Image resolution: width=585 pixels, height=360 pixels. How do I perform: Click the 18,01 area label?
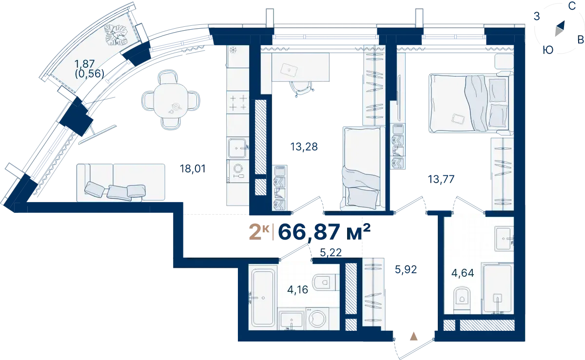pyautogui.click(x=193, y=169)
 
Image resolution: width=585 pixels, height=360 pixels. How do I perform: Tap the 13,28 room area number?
pyautogui.click(x=304, y=147)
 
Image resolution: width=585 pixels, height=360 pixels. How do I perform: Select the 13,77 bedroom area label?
pyautogui.click(x=441, y=179)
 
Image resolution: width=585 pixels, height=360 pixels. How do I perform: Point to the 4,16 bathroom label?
pyautogui.click(x=297, y=289)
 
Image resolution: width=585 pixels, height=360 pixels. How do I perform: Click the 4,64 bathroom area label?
pyautogui.click(x=463, y=273)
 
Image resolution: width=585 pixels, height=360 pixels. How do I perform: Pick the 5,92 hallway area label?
pyautogui.click(x=406, y=269)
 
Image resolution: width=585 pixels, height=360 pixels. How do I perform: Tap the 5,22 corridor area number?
pyautogui.click(x=331, y=252)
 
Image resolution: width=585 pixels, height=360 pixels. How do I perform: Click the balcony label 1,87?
pyautogui.click(x=84, y=64)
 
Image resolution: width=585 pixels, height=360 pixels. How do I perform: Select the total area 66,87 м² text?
pyautogui.click(x=324, y=232)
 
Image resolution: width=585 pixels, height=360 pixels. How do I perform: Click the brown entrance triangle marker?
pyautogui.click(x=414, y=337)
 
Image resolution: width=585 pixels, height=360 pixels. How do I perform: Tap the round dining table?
pyautogui.click(x=171, y=100)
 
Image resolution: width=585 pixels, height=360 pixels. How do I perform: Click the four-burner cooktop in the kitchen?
pyautogui.click(x=238, y=102)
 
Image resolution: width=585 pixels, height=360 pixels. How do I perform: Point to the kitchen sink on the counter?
pyautogui.click(x=237, y=148)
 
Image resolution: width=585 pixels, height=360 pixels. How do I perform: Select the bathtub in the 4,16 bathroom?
pyautogui.click(x=263, y=298)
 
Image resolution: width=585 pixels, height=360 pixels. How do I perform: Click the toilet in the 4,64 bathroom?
pyautogui.click(x=462, y=300)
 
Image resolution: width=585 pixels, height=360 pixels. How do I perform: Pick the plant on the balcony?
pyautogui.click(x=117, y=35)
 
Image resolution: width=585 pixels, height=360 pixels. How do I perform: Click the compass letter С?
pyautogui.click(x=572, y=6)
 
